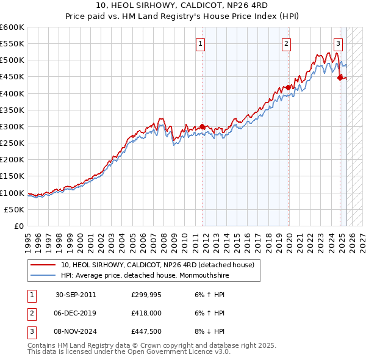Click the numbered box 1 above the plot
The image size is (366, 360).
tap(200, 43)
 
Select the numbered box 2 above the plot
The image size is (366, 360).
tap(286, 43)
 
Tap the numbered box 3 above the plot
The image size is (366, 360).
tap(338, 43)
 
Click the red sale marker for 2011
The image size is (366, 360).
tap(202, 127)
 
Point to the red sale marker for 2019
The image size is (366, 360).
tap(289, 88)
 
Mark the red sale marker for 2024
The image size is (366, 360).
tap(340, 77)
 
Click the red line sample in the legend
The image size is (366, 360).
tap(43, 265)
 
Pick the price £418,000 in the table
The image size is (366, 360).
tap(146, 313)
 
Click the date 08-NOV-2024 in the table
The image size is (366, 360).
tap(76, 332)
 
